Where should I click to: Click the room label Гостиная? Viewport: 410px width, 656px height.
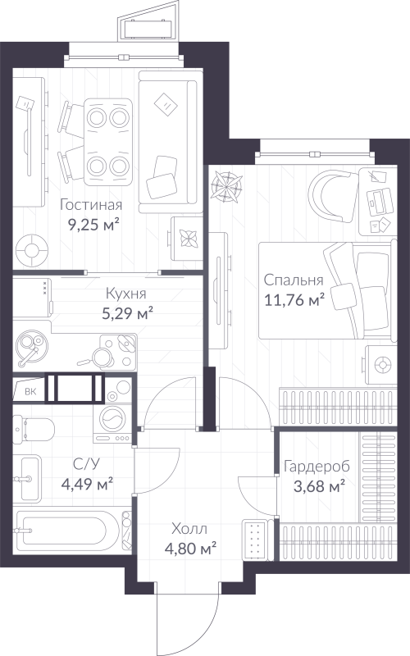tap(91, 205)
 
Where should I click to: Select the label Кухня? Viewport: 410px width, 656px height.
tap(126, 294)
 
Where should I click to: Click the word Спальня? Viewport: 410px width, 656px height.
tap(294, 280)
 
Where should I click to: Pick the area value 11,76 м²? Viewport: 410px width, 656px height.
tap(294, 299)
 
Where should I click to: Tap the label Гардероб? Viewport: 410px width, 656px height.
tap(317, 466)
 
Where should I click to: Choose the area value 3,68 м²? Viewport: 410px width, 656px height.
tap(319, 486)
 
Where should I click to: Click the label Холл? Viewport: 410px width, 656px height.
tap(189, 529)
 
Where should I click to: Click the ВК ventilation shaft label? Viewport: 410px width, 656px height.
tap(30, 392)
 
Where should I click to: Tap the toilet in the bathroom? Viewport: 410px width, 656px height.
tap(34, 429)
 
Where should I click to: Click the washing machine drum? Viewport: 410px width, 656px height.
tap(113, 420)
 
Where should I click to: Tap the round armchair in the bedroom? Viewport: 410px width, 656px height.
tap(333, 195)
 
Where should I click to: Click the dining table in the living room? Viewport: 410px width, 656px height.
tap(108, 142)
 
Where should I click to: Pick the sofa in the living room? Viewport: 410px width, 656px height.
tap(171, 142)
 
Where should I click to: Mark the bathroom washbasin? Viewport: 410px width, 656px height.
tap(27, 478)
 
